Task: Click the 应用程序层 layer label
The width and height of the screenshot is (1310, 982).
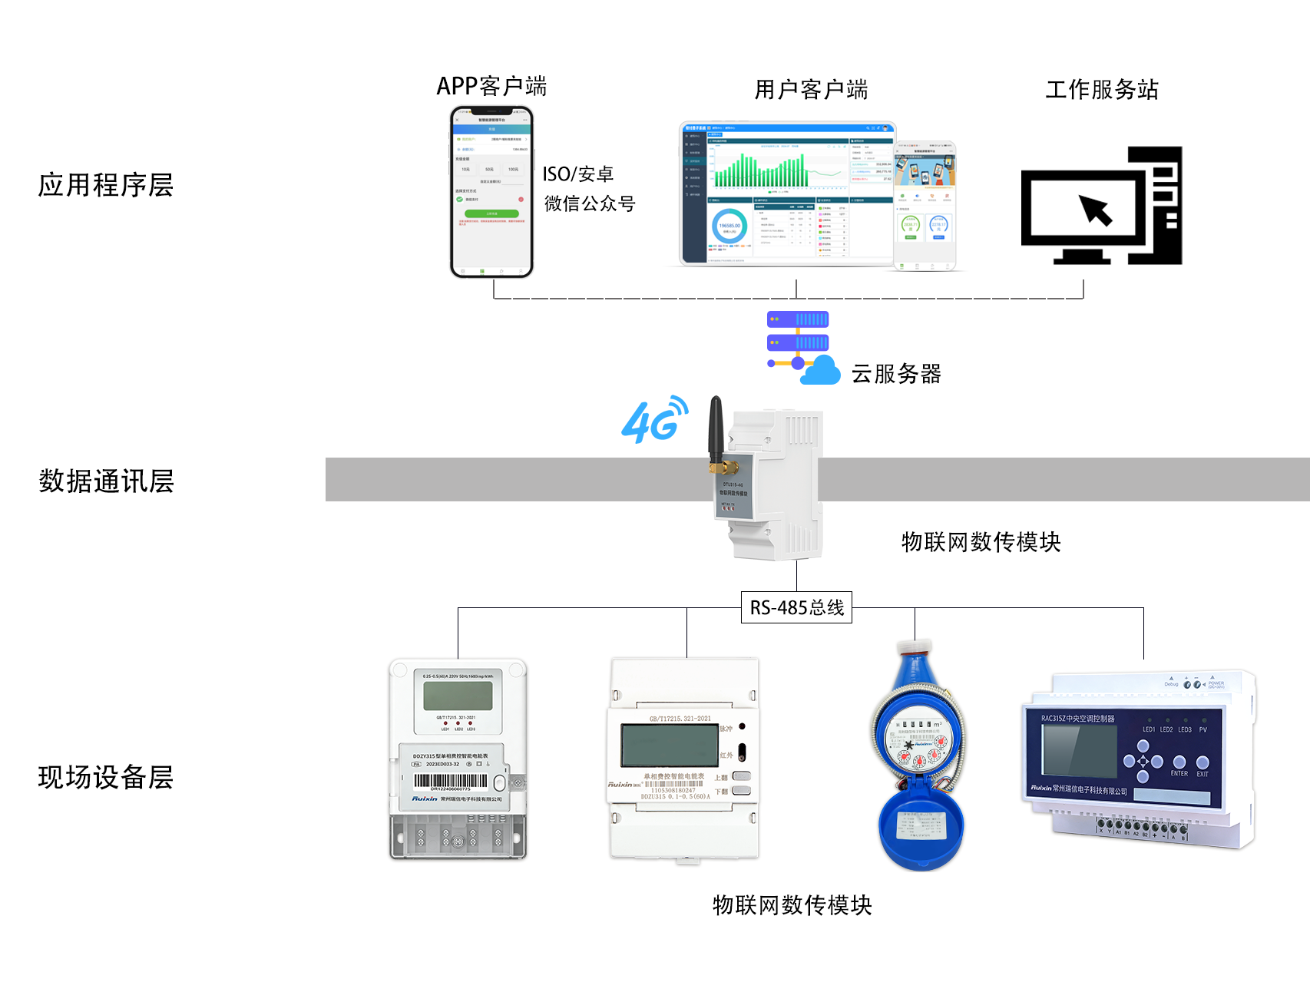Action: point(106,185)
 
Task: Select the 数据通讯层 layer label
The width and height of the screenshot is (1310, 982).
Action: point(106,481)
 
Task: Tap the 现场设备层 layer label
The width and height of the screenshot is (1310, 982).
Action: point(106,777)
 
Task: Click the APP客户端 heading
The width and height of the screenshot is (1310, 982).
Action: point(491,86)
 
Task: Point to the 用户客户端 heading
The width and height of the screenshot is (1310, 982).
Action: point(811,90)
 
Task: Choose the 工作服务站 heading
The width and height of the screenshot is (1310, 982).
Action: point(1102,90)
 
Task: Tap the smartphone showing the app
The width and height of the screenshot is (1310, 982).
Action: point(491,192)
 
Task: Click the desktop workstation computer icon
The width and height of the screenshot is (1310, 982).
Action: point(1101,206)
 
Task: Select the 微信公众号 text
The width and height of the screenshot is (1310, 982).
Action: point(590,204)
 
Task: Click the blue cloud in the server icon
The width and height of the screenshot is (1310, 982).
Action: point(821,371)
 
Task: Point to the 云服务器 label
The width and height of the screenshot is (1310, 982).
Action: point(896,374)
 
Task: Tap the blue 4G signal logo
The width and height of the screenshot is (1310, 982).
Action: point(653,420)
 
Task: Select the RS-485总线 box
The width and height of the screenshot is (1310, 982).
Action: point(796,607)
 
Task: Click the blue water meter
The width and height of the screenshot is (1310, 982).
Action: point(918,756)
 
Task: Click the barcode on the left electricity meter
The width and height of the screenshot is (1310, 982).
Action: point(450,781)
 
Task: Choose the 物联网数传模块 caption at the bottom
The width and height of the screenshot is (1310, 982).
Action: point(792,905)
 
